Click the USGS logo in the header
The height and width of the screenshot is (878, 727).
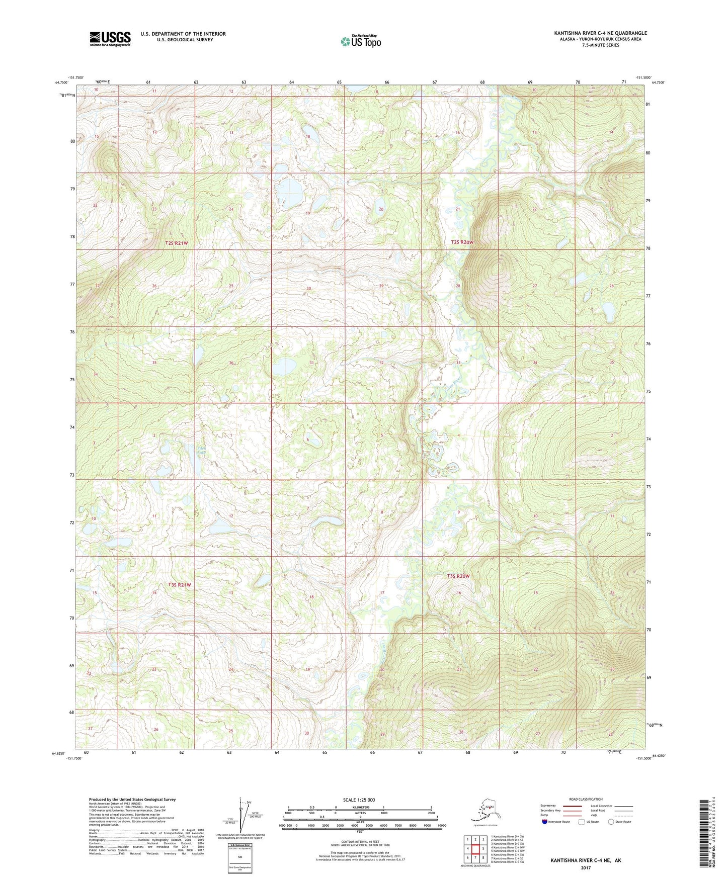[110, 39]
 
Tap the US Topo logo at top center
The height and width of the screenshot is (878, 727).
[360, 41]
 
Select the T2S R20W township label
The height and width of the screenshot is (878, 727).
[462, 242]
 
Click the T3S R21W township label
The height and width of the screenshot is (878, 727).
[180, 585]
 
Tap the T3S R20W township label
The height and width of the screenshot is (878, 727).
[458, 576]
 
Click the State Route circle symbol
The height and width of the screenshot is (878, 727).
[611, 822]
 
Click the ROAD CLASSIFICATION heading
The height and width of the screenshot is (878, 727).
[586, 799]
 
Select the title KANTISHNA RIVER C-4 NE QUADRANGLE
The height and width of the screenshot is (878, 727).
[601, 33]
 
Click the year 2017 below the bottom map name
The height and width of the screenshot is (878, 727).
[586, 867]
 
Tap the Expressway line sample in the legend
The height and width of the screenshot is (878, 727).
[572, 806]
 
